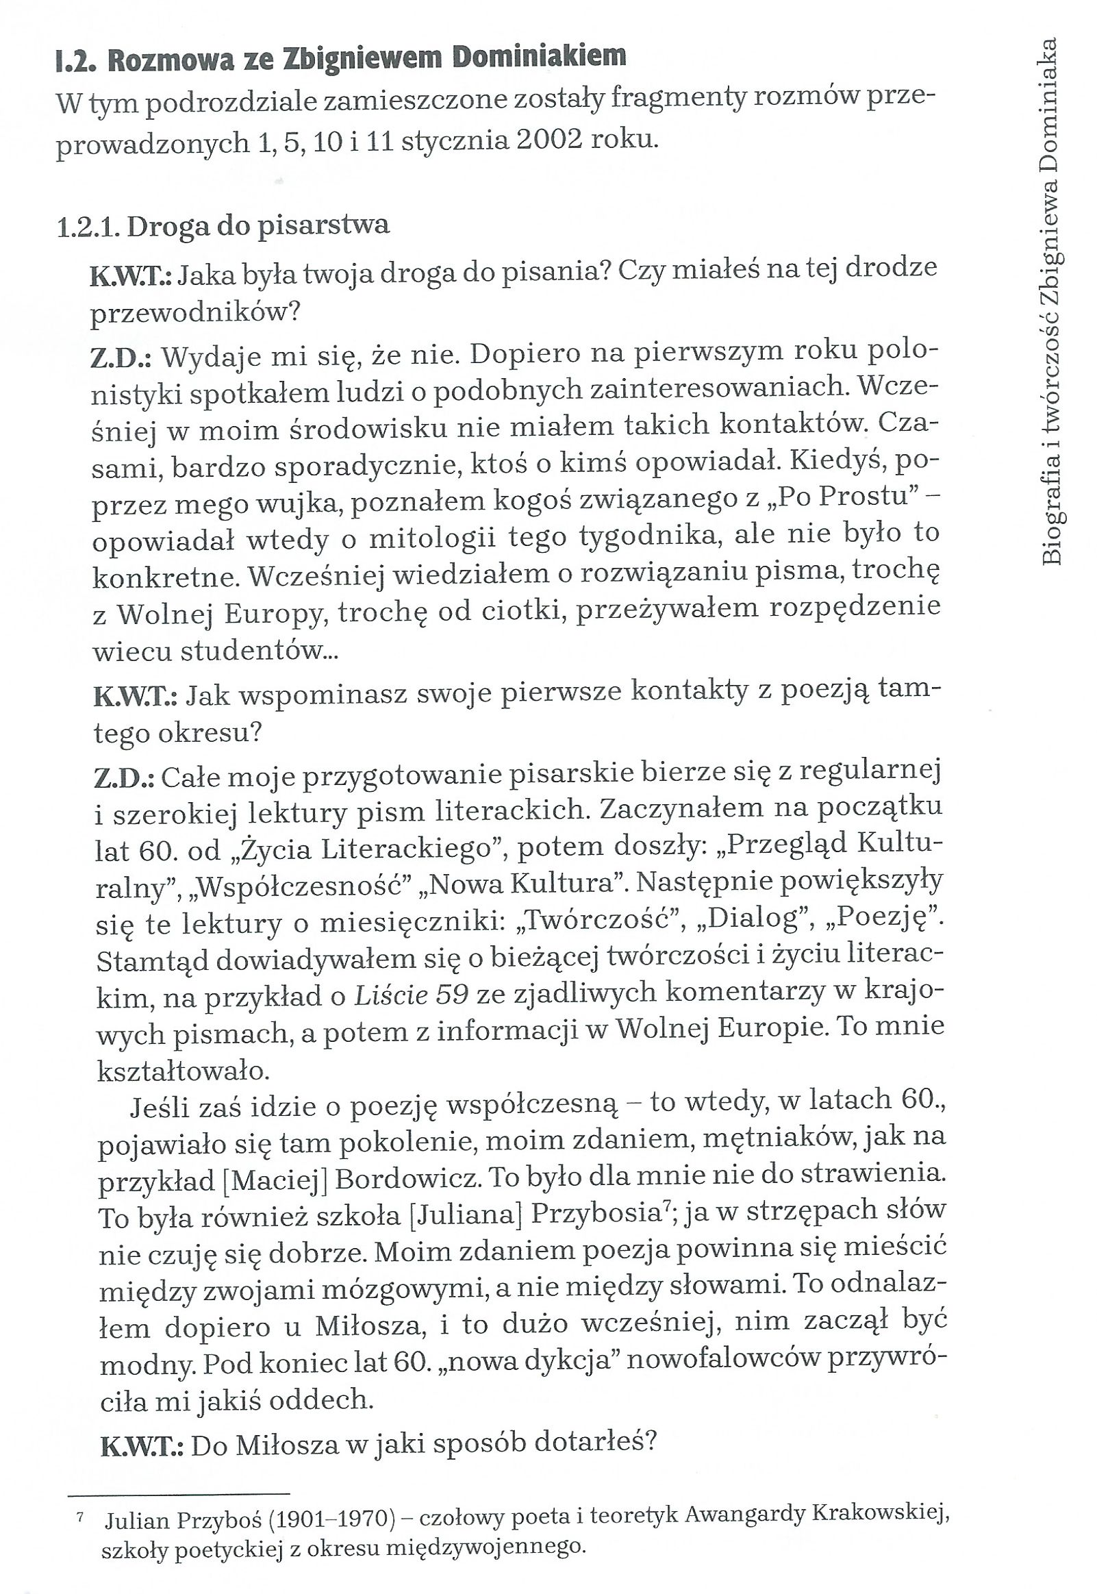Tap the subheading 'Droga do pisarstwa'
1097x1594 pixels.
[257, 225]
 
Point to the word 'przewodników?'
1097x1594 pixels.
[196, 313]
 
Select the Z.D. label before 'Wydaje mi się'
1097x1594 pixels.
[123, 358]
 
